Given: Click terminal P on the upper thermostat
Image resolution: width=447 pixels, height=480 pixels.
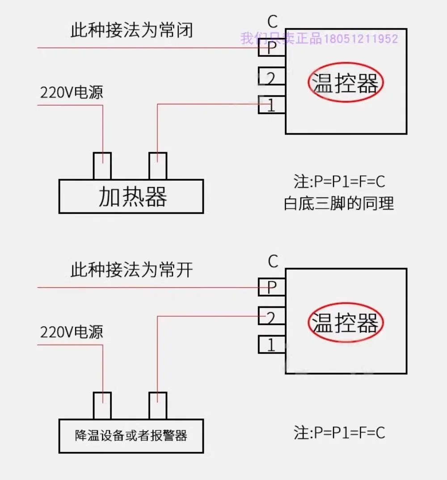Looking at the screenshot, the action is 272,47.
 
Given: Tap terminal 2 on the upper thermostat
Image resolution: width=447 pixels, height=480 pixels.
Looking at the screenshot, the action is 272,76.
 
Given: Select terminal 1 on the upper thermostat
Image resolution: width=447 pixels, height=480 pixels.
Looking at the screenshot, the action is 272,105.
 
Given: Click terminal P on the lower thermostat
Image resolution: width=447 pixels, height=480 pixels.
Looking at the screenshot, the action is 272,287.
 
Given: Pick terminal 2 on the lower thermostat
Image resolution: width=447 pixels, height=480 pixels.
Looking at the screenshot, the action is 272,316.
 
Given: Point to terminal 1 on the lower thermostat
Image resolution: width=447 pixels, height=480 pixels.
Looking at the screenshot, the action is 272,344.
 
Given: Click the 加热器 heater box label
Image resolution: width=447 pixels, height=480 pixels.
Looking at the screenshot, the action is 132,196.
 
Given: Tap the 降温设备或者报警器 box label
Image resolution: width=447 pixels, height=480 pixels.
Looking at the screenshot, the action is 131,436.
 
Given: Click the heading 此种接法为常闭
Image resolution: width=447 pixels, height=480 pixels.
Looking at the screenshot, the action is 131,30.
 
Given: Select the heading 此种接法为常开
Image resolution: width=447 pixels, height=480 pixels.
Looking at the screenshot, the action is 131,270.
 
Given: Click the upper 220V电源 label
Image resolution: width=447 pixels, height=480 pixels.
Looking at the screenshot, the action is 72,92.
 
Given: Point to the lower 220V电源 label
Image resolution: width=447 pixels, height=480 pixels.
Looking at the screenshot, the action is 72,332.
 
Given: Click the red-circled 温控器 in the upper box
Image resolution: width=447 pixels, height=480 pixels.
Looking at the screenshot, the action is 346,83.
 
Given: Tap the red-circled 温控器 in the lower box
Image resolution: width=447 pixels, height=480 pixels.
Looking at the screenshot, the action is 346,323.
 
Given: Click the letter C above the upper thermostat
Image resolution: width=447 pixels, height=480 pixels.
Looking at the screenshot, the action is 272,22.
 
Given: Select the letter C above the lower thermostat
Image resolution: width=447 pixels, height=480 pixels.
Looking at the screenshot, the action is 273,261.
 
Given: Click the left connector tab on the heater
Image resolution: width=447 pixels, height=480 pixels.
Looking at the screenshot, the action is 102,166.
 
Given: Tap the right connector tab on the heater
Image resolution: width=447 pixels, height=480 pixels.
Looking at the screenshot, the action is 158,166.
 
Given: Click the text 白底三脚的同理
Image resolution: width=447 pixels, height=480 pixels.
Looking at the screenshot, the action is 339,204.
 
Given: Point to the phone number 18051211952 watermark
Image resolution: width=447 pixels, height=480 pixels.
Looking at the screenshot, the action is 361,39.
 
